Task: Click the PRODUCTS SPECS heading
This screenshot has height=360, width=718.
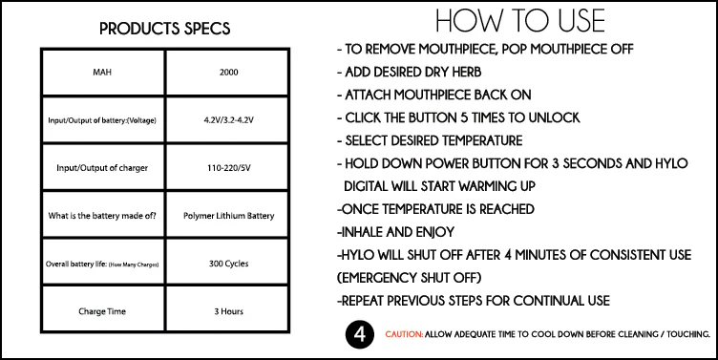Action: [165, 29]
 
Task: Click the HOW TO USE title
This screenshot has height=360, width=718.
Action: [520, 21]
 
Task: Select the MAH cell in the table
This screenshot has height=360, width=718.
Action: [102, 73]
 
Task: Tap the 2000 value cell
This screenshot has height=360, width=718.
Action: [228, 73]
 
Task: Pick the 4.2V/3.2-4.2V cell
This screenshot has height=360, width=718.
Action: [228, 120]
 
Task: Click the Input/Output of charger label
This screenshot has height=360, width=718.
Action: [102, 168]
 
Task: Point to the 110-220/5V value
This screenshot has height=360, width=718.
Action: [228, 168]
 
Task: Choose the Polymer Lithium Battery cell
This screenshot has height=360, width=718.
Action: [228, 216]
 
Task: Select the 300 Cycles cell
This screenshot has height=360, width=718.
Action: [228, 264]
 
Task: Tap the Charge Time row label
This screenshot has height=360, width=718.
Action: [102, 311]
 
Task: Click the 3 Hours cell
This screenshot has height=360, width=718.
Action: [228, 311]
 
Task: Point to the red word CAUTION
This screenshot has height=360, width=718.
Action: [404, 334]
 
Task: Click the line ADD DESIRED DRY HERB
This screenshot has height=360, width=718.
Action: [410, 72]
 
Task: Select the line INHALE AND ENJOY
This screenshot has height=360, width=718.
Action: [395, 232]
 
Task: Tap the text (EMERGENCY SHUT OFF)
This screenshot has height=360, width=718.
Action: [410, 278]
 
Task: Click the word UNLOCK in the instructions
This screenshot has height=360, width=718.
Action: [554, 117]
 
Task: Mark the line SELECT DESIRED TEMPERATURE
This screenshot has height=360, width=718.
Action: [430, 140]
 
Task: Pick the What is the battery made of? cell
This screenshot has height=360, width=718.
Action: [102, 216]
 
